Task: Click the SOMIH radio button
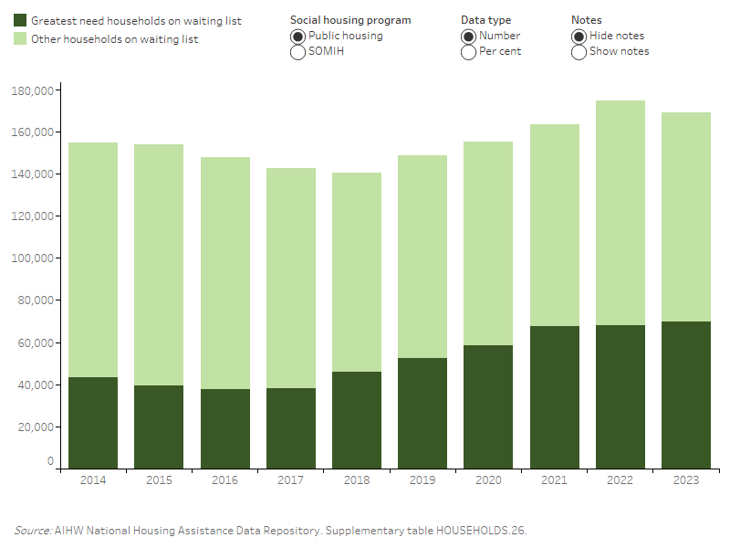pos(297,52)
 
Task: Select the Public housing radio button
pos(297,36)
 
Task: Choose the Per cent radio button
pos(468,52)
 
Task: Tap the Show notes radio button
pos(579,52)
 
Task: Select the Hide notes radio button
pos(579,36)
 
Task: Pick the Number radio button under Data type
pos(468,36)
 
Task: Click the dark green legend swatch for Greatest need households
pos(20,20)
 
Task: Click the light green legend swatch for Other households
pos(20,39)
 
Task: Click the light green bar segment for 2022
pos(620,213)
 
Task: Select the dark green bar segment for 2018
pos(357,419)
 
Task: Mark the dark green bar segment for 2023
pos(685,395)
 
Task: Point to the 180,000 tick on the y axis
pos(31,90)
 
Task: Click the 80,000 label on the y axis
pos(34,300)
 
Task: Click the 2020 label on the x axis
pos(488,479)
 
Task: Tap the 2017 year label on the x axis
pos(291,479)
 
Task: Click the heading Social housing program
pos(350,20)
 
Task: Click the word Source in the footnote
pos(31,530)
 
